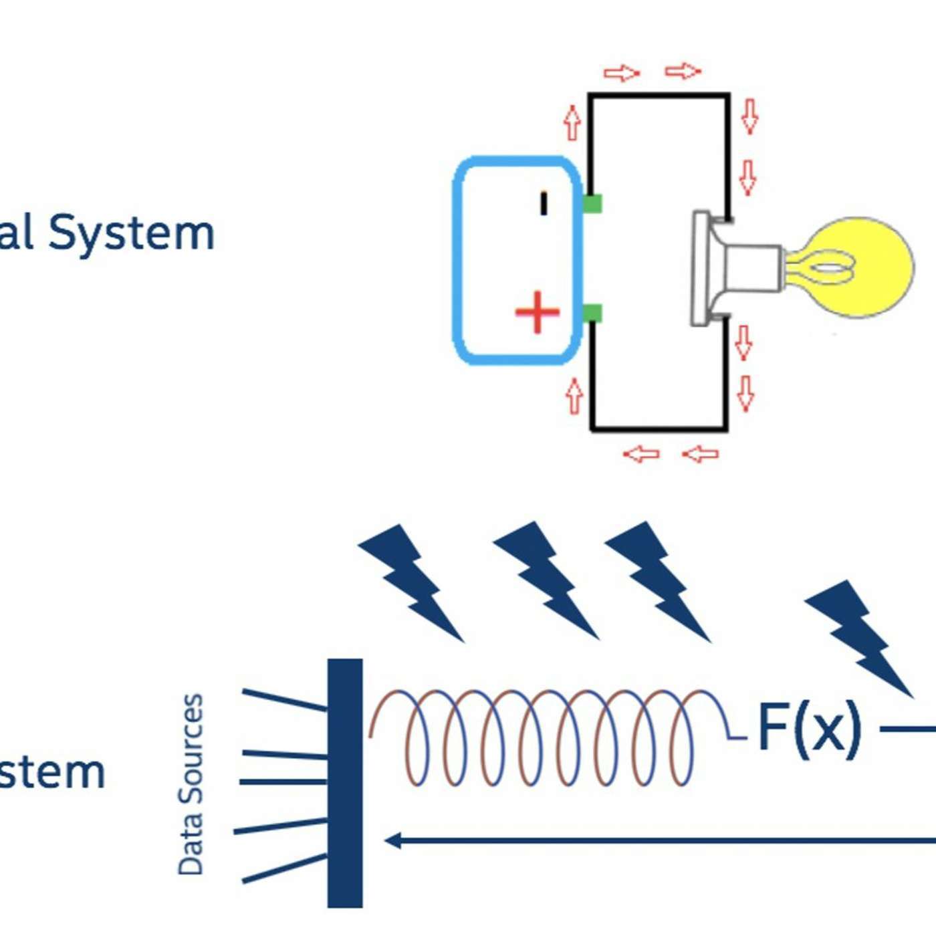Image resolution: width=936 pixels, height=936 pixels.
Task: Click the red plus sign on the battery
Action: point(537,312)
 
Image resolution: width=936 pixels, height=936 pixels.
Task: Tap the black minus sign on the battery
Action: point(544,203)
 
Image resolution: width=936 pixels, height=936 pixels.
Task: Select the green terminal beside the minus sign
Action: point(592,203)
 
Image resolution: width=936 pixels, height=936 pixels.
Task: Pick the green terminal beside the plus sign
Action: point(592,313)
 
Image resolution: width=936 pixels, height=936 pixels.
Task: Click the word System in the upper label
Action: point(132,233)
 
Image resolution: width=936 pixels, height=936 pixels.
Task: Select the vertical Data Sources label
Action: point(191,784)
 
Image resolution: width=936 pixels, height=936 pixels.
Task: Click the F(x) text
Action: point(809,729)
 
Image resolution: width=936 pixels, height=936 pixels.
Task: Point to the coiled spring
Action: point(548,735)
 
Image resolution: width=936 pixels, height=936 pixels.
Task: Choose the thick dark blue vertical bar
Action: point(345,783)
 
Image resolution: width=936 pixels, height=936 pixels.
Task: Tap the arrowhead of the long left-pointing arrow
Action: point(393,840)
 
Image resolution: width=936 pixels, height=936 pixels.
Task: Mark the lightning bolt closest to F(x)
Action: point(858,636)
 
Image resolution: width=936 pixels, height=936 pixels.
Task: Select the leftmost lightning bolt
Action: point(410,580)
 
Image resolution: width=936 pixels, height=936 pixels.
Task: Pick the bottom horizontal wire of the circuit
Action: point(659,428)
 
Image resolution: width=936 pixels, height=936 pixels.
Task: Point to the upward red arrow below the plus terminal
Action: point(574,396)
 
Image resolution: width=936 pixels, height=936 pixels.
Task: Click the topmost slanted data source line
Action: point(284,699)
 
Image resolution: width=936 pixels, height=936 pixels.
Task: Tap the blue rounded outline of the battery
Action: point(457,261)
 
